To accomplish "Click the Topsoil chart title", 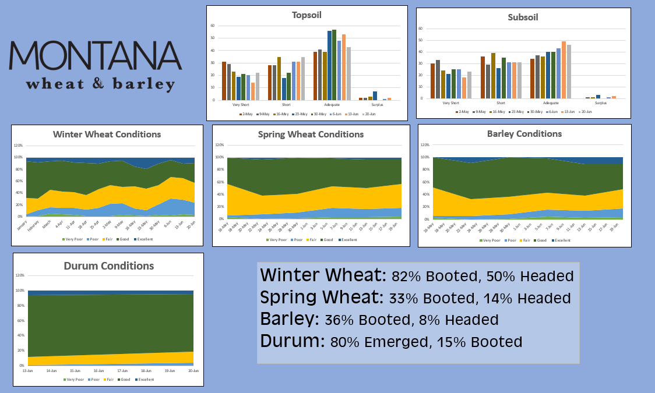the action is [307, 15].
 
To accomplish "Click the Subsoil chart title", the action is [523, 17].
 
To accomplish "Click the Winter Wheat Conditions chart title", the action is [107, 134].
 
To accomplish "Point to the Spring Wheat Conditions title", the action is [311, 134].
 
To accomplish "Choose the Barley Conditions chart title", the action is [524, 133].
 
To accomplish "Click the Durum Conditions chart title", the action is [108, 265].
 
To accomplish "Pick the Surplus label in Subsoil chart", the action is [601, 102].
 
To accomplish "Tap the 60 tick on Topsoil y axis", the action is [213, 26].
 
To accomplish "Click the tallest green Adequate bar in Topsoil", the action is [334, 65].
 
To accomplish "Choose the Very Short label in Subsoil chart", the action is [450, 102].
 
